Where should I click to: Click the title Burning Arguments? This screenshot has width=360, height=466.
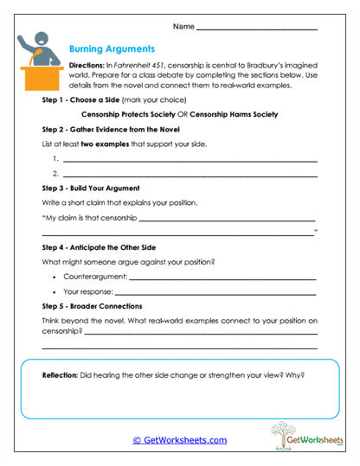[x=112, y=49]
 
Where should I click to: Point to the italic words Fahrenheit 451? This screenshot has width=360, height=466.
[x=142, y=67]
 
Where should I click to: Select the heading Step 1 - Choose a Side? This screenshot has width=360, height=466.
[x=86, y=100]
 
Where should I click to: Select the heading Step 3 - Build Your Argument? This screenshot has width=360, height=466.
[x=91, y=188]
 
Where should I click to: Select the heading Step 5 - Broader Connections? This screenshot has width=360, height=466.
[x=92, y=306]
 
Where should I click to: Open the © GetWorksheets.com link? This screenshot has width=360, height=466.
[x=179, y=439]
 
